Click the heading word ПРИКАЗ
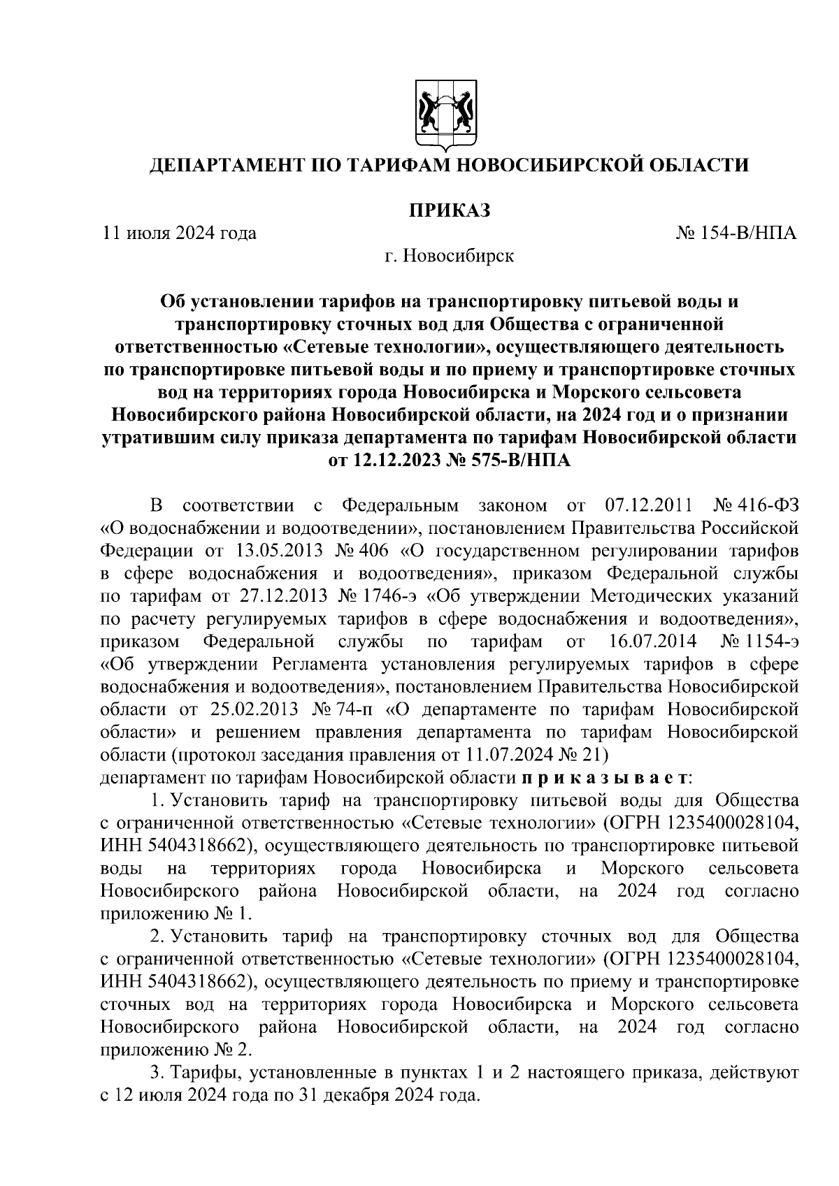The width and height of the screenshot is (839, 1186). (449, 209)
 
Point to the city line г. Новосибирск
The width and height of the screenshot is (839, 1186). (449, 256)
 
